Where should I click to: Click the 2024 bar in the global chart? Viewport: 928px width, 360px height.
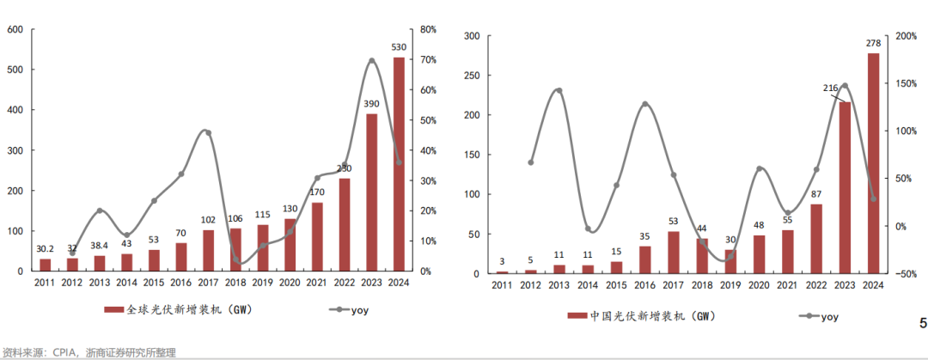(399, 163)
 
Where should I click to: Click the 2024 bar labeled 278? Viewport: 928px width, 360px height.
(873, 163)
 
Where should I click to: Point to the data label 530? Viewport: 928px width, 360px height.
(398, 47)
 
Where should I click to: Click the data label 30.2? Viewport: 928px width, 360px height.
(46, 249)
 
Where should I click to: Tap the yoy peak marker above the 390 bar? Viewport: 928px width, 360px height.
(371, 61)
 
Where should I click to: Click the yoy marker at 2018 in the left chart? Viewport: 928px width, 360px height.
(235, 261)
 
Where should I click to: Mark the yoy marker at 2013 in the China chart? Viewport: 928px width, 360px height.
(559, 90)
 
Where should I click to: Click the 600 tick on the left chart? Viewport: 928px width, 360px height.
(15, 30)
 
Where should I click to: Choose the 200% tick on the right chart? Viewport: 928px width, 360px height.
(906, 36)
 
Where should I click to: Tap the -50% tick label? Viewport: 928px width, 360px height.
(906, 274)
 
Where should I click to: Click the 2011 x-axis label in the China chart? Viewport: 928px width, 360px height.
(503, 285)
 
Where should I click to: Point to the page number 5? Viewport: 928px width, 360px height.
(923, 324)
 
